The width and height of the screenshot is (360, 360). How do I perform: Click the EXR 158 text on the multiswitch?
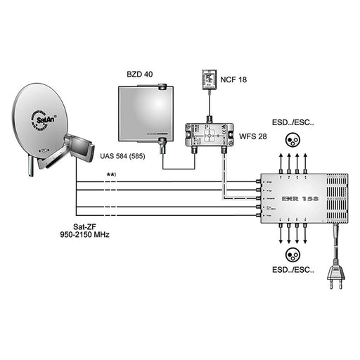(300, 199)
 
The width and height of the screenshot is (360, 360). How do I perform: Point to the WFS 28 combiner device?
(209, 132)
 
